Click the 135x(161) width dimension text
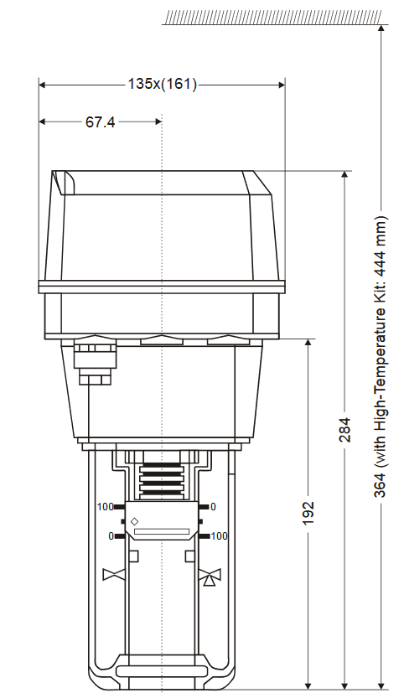point(162,84)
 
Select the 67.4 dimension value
point(101,122)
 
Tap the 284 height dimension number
point(344,429)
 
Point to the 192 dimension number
point(308,513)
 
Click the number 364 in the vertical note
point(381,485)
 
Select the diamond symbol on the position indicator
point(134,521)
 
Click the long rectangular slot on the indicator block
point(162,531)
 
